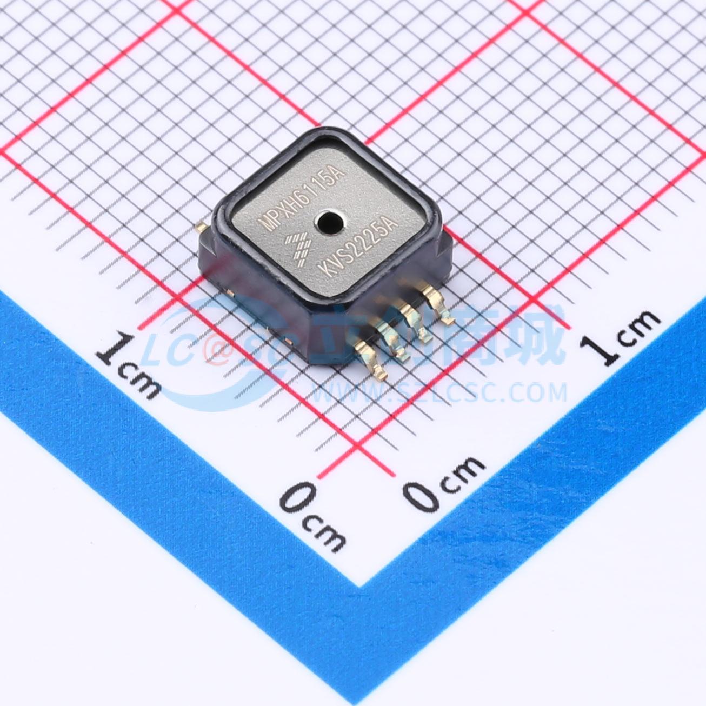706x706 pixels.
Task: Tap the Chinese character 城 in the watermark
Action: click(535, 335)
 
